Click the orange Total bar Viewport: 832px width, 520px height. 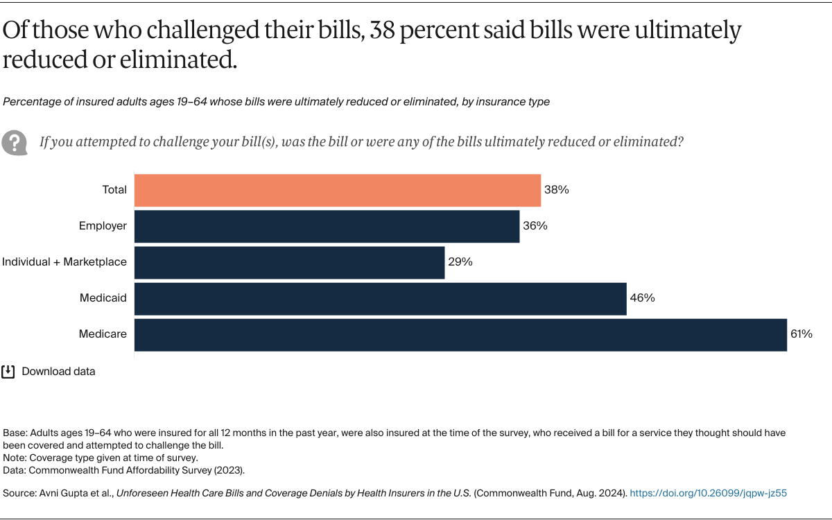(x=337, y=190)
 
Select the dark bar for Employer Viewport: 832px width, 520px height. (x=327, y=226)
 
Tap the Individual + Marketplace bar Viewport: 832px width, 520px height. (x=289, y=262)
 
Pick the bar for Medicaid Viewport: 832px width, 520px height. (x=380, y=298)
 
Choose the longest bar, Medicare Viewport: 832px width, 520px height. (x=460, y=334)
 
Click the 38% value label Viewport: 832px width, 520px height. (x=556, y=190)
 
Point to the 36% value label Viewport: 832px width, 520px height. (x=535, y=226)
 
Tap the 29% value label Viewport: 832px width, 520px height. (x=460, y=262)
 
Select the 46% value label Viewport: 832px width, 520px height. (x=642, y=298)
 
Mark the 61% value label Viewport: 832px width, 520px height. (x=801, y=334)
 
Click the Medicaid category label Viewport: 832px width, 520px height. (x=103, y=298)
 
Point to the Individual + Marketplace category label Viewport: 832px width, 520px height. (x=64, y=262)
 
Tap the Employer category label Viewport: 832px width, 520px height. (x=103, y=226)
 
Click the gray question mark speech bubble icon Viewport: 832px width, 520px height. (x=14, y=142)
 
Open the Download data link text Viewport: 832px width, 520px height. (x=58, y=372)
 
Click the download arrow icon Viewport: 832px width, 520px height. (x=8, y=372)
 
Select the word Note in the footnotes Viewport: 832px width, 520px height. (x=15, y=458)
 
